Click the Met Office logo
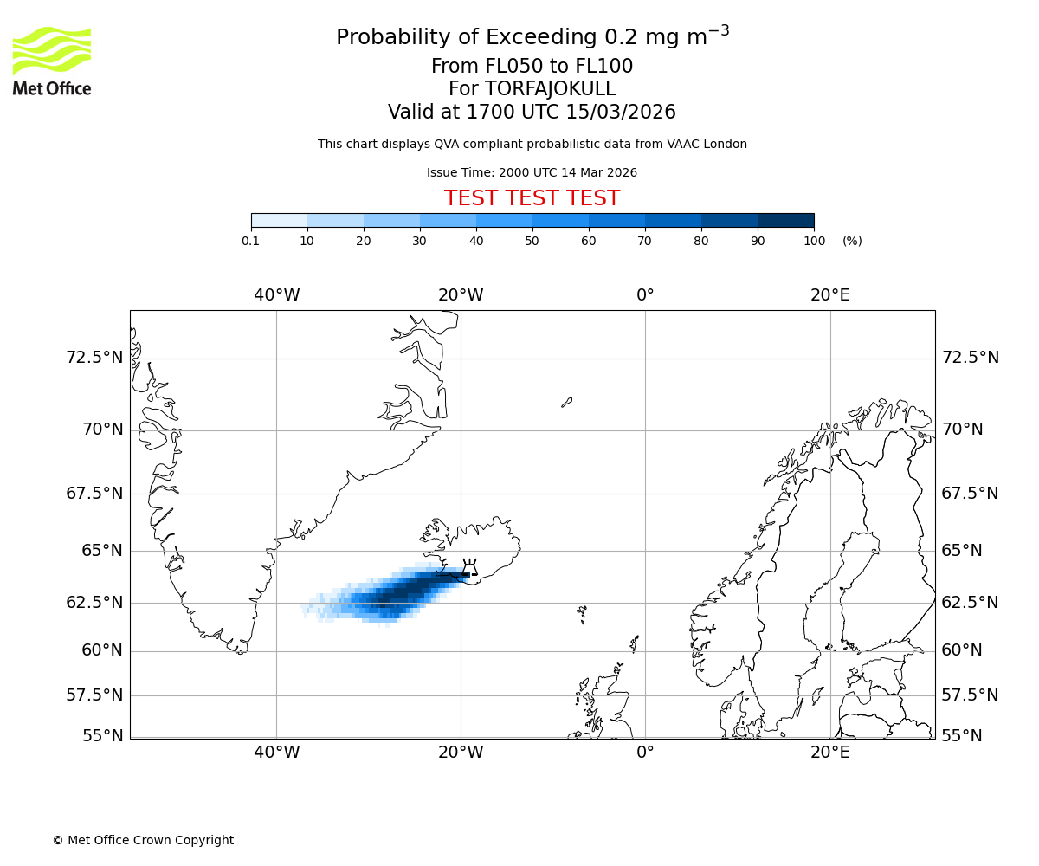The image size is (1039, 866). (x=52, y=61)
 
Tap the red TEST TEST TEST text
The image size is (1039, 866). (x=532, y=198)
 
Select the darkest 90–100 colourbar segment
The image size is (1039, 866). (x=785, y=221)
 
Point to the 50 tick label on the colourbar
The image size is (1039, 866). (x=532, y=241)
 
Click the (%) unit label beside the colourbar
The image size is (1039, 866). (x=852, y=241)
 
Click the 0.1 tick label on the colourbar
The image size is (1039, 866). (x=250, y=241)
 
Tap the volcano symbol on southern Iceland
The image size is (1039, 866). (x=469, y=569)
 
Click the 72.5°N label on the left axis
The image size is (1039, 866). (x=95, y=358)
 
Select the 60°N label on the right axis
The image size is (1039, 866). (x=962, y=650)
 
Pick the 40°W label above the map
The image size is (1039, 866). (x=277, y=295)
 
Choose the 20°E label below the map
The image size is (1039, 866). (x=829, y=753)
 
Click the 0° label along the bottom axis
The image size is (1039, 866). (x=645, y=753)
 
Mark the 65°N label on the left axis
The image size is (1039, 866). (x=102, y=551)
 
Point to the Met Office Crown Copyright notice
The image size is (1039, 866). (x=143, y=840)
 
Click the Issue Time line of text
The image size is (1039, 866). (x=532, y=172)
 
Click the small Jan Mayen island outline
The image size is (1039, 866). (x=566, y=402)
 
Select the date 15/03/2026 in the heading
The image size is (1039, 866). (x=621, y=113)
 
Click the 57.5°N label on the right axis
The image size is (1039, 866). (x=970, y=695)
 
